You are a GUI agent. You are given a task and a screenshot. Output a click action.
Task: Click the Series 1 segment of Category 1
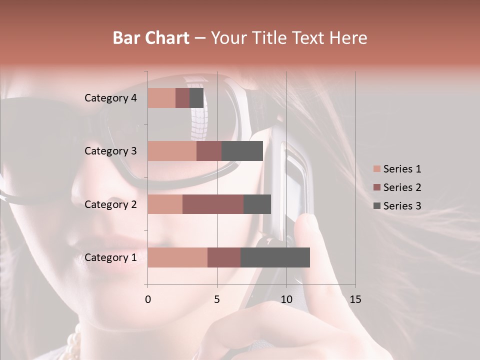[177, 257]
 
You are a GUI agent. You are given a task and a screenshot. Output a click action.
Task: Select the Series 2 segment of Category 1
[224, 257]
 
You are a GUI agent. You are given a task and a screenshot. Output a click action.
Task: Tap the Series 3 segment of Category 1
[275, 257]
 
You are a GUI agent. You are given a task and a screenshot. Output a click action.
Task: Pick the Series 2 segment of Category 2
[213, 204]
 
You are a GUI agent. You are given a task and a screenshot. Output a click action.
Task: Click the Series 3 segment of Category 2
[257, 204]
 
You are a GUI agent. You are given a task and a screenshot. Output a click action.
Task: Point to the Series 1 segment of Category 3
[172, 151]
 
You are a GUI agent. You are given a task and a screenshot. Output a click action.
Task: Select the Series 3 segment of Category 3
[242, 151]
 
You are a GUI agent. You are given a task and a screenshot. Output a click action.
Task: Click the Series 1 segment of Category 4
[161, 98]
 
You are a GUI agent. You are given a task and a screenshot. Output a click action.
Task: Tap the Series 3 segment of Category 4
[196, 98]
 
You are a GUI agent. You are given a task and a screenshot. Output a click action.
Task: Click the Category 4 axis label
[110, 98]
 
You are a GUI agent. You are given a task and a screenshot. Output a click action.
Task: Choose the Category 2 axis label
[110, 204]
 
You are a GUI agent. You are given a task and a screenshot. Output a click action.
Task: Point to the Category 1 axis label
[110, 257]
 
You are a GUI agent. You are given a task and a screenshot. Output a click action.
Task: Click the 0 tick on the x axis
[148, 299]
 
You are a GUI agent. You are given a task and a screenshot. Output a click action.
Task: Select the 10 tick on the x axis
[286, 299]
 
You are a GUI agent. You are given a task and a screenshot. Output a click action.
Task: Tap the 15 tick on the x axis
[355, 299]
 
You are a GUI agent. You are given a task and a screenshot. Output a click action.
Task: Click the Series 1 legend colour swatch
[376, 169]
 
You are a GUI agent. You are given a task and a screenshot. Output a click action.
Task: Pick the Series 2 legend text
[402, 187]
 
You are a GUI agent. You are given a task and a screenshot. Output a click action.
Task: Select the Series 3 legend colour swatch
[376, 206]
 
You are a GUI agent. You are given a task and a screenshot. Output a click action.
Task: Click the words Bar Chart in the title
[151, 38]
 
